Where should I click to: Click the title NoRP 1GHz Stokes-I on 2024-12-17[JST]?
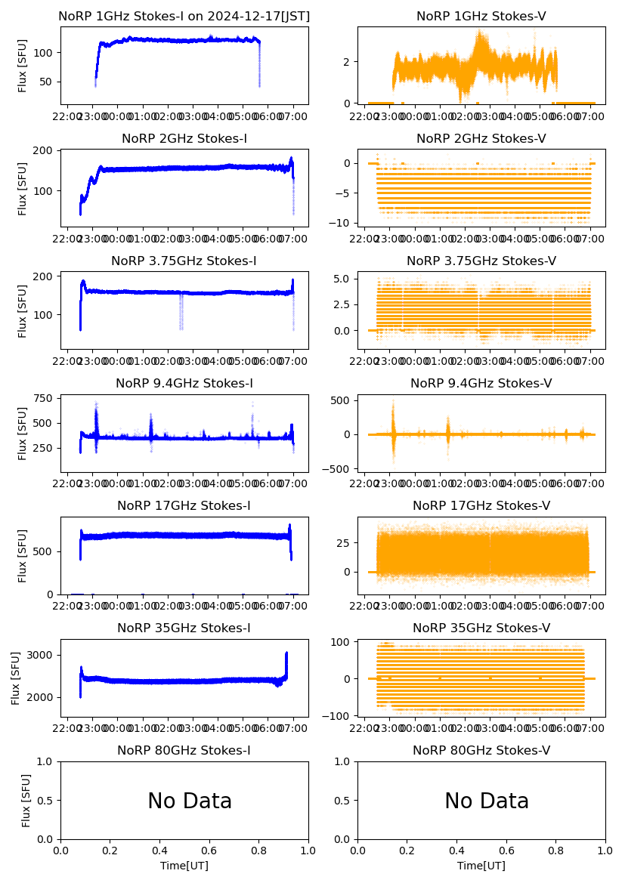click(184, 16)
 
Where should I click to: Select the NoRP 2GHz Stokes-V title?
click(481, 138)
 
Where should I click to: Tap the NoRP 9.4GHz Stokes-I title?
click(184, 383)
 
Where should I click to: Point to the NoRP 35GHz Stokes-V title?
click(481, 628)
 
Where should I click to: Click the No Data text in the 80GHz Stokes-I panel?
click(190, 801)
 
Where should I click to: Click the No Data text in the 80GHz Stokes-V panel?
click(487, 801)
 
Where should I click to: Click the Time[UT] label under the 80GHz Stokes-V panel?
click(481, 866)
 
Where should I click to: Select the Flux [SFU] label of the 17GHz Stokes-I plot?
click(23, 555)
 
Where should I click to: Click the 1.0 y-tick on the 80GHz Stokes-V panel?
click(346, 761)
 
